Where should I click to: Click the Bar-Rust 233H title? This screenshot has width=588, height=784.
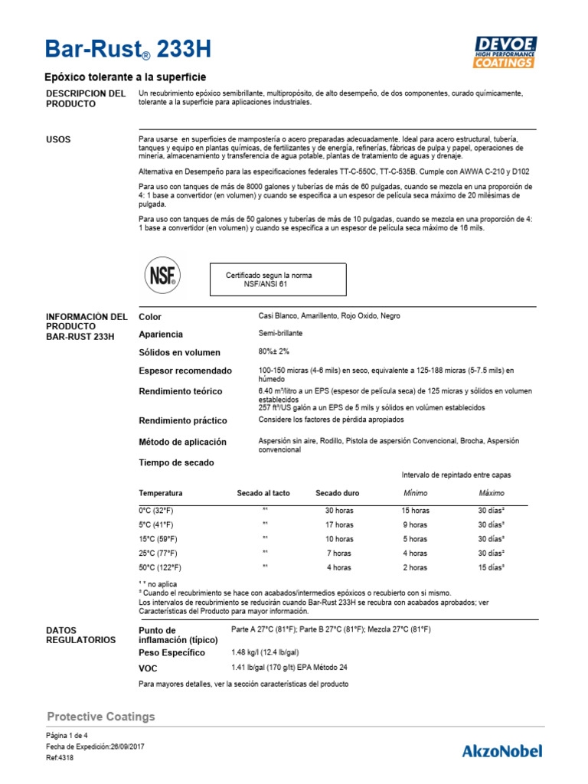pyautogui.click(x=129, y=51)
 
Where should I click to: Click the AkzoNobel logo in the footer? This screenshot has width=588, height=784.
pyautogui.click(x=501, y=750)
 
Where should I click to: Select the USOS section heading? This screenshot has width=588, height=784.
pyautogui.click(x=59, y=140)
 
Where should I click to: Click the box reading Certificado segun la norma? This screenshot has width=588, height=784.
pyautogui.click(x=278, y=279)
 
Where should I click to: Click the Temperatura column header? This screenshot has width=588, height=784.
pyautogui.click(x=161, y=493)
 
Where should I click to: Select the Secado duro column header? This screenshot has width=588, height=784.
pyautogui.click(x=338, y=493)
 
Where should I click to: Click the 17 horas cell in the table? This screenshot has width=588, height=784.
pyautogui.click(x=338, y=524)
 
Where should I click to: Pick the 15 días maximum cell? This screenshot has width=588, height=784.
pyautogui.click(x=492, y=567)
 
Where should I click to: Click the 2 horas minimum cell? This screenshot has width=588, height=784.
pyautogui.click(x=415, y=567)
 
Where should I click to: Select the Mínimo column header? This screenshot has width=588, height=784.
pyautogui.click(x=415, y=493)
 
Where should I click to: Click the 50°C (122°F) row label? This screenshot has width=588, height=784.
pyautogui.click(x=160, y=567)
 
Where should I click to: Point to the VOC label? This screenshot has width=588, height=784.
pyautogui.click(x=149, y=668)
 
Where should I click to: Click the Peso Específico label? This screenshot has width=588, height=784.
pyautogui.click(x=171, y=653)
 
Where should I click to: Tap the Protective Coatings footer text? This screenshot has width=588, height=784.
pyautogui.click(x=101, y=717)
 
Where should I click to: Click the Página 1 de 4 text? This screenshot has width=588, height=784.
pyautogui.click(x=67, y=735)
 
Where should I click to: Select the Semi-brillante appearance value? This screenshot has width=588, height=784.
pyautogui.click(x=281, y=334)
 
